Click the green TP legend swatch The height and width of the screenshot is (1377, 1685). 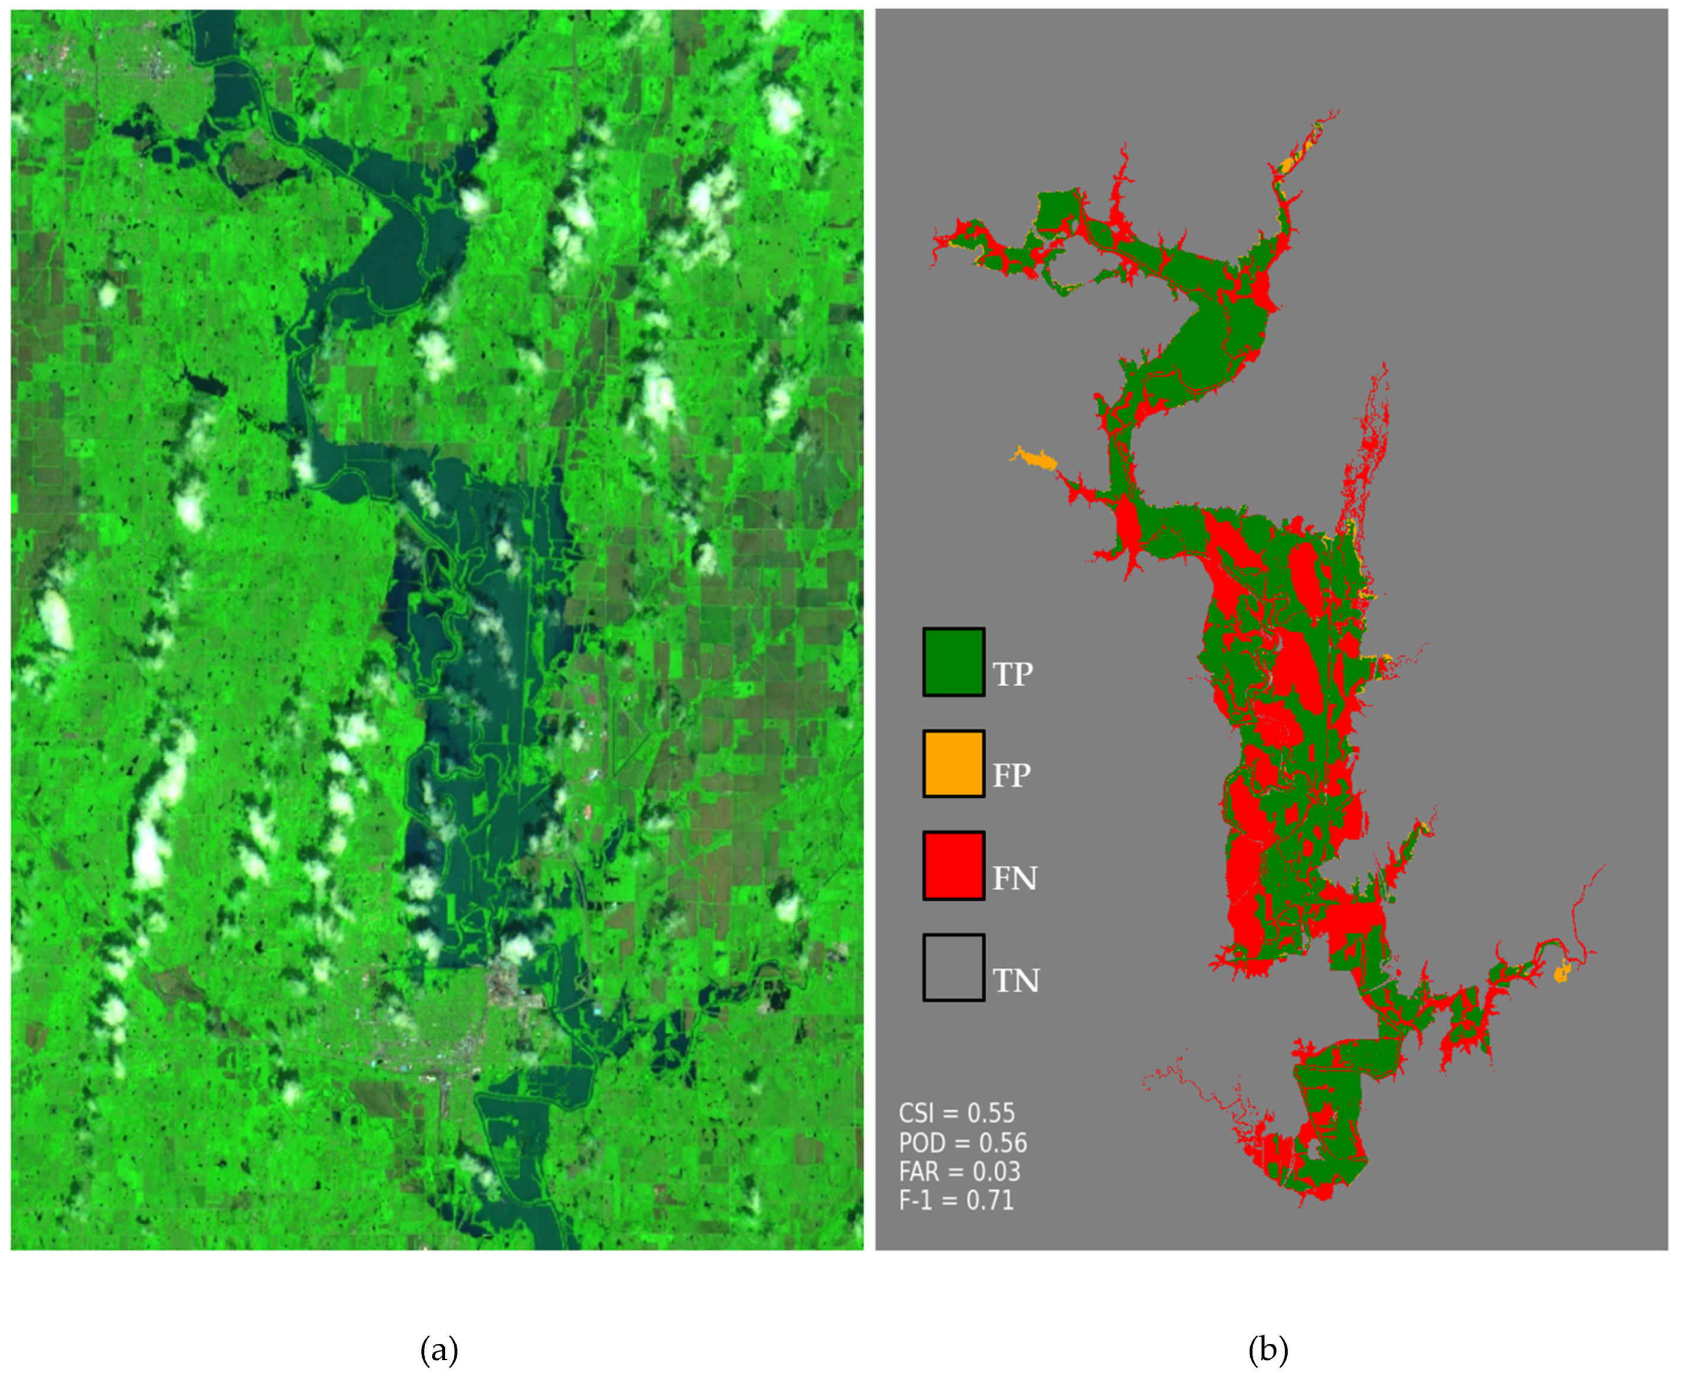(x=954, y=662)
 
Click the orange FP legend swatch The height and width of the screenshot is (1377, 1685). (x=954, y=764)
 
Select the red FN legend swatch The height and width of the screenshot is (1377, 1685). (x=954, y=865)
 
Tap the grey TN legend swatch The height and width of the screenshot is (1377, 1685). (x=954, y=967)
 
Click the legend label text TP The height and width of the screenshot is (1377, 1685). (x=1013, y=674)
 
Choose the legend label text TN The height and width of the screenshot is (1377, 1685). (x=1015, y=980)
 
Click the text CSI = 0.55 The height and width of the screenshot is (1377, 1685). (x=956, y=1113)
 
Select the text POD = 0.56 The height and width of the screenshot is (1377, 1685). (x=962, y=1142)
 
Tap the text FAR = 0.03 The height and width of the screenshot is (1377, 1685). (x=959, y=1171)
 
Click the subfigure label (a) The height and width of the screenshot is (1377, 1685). (x=439, y=1349)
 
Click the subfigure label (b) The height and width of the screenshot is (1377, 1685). (x=1267, y=1349)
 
